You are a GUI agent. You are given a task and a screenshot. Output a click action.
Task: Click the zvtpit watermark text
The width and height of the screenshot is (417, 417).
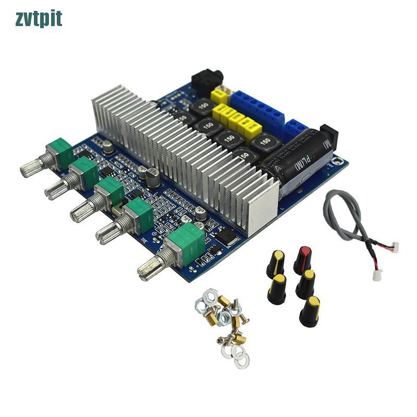pos(39,19)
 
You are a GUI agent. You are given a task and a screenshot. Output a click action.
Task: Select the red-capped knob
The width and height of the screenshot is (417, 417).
pos(302,260)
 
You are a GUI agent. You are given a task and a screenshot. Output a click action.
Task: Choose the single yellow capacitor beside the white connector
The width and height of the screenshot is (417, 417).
pos(219,97)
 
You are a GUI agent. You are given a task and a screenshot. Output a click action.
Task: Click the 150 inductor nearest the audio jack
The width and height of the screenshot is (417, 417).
pos(201,107)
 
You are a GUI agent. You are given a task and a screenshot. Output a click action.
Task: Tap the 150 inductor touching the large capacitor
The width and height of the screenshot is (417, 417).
pos(265,141)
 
